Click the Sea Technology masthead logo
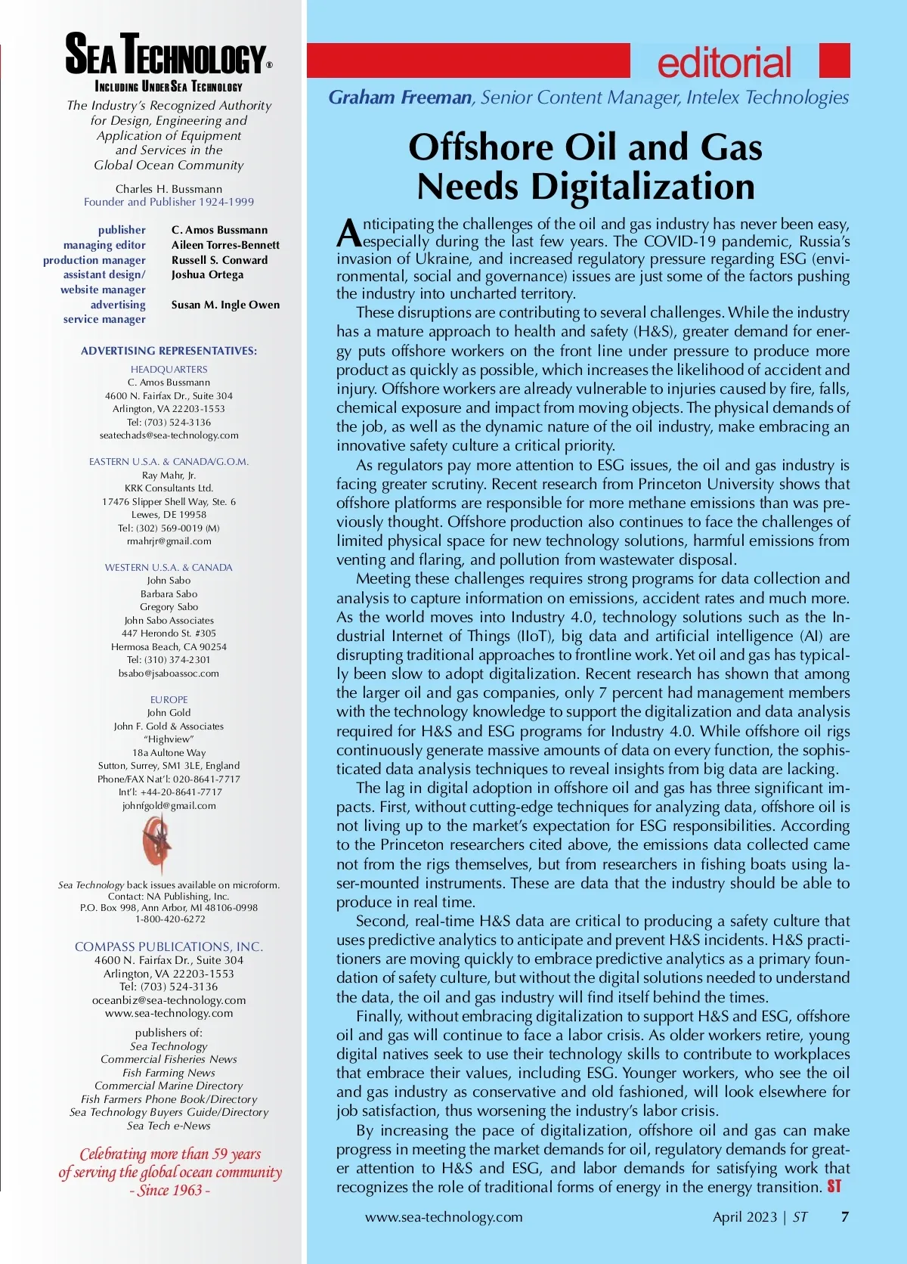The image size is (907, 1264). [x=167, y=54]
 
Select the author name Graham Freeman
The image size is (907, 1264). [x=400, y=98]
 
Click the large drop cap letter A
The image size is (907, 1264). [x=348, y=234]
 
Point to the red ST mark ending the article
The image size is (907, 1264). [x=834, y=1186]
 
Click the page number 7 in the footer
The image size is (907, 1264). [x=845, y=1216]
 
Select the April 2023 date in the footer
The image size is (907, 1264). [x=744, y=1216]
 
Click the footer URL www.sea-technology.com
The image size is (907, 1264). [x=444, y=1216]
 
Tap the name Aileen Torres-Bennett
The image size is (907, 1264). [x=225, y=245]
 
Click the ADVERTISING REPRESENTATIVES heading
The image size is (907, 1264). [x=169, y=351]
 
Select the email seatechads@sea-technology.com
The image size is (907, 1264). [x=169, y=435]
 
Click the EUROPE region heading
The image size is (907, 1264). [x=169, y=699]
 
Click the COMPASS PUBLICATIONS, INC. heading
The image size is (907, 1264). [x=169, y=946]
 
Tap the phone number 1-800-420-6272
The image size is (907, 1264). [x=169, y=919]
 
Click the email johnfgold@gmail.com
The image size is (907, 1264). [x=169, y=806]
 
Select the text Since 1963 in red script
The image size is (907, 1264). [x=170, y=1190]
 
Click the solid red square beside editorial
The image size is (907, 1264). [x=834, y=60]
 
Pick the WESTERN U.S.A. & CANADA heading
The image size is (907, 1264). [x=169, y=567]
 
